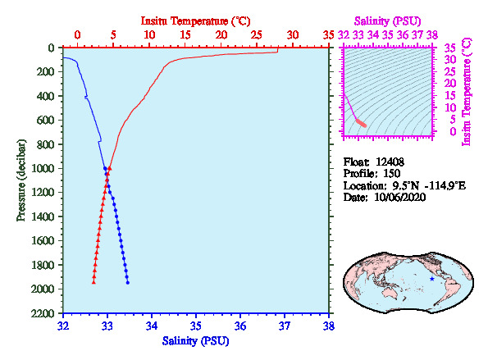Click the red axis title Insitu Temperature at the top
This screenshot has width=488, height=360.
[195, 21]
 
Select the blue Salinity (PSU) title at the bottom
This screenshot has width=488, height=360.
[195, 341]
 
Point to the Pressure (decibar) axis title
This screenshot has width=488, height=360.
[21, 180]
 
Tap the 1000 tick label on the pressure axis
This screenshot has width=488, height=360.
[43, 168]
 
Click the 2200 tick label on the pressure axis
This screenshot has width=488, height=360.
[43, 313]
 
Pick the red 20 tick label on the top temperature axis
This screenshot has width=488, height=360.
[221, 34]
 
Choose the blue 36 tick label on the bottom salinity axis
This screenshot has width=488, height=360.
[240, 326]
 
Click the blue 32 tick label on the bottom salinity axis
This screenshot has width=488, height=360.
[63, 326]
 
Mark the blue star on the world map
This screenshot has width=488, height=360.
[431, 279]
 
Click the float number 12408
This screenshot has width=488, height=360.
[390, 162]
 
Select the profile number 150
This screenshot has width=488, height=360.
[391, 174]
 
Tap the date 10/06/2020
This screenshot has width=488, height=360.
[400, 198]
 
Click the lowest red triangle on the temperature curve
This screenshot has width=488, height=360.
[93, 282]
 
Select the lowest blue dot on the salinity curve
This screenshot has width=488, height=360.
[128, 283]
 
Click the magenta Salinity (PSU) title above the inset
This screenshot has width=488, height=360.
[387, 21]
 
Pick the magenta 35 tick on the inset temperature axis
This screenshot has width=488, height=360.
[450, 48]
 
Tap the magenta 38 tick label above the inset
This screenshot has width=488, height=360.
[432, 34]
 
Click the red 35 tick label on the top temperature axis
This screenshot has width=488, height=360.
[328, 34]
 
